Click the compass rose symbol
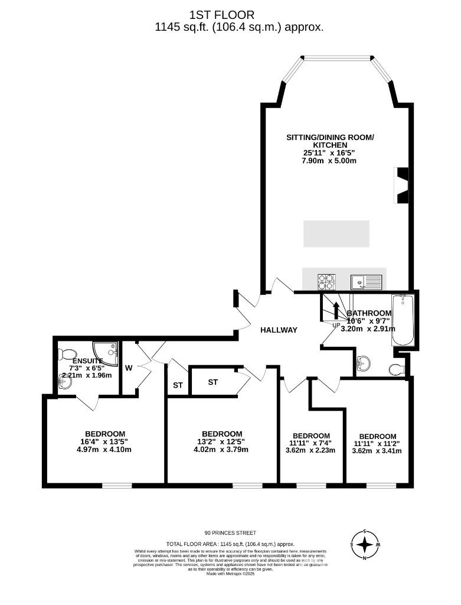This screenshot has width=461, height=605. tap(365, 544)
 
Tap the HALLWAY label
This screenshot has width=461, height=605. tap(279, 330)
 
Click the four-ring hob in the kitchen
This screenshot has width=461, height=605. tap(326, 281)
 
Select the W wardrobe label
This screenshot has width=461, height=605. tap(129, 367)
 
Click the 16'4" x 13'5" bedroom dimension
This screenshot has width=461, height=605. tap(104, 441)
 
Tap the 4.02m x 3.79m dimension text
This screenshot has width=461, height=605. tap(222, 449)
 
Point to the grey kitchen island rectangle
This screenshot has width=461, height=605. tap(336, 233)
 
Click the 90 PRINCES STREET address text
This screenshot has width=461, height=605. tap(230, 532)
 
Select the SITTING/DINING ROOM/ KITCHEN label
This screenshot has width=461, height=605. tap(330, 141)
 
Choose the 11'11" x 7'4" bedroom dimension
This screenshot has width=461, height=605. tap(310, 443)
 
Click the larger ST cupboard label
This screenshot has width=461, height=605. tap(212, 382)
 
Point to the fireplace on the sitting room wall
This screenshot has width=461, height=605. tap(402, 186)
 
